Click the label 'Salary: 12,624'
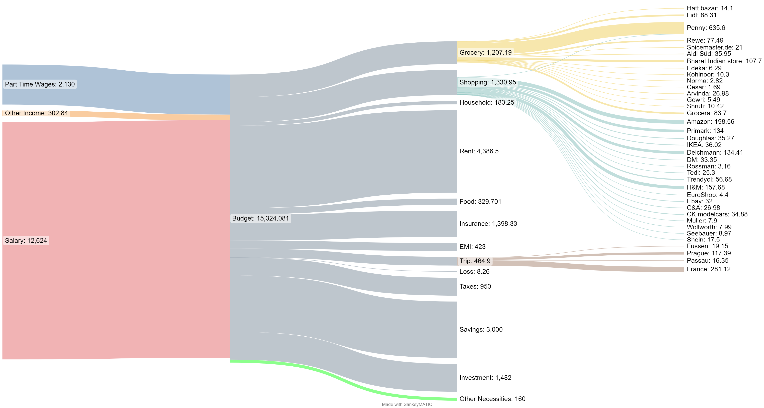26,240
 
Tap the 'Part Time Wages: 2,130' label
40,84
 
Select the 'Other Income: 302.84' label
36,113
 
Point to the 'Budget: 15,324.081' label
260,218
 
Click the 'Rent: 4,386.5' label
479,151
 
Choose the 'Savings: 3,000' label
481,329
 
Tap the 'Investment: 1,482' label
485,378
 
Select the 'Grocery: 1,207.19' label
486,52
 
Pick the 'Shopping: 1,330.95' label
488,82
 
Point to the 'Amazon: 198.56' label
710,122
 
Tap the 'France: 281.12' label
709,269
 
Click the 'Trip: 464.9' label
475,261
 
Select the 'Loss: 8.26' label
474,272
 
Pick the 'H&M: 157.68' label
705,187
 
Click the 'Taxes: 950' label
475,286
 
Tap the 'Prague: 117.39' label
709,253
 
